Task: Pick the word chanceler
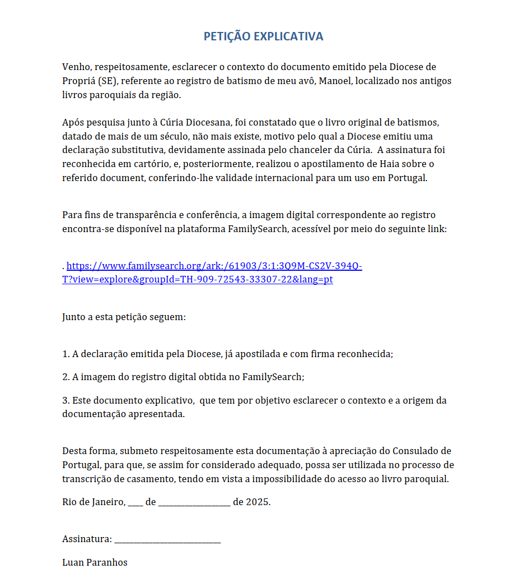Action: [311, 150]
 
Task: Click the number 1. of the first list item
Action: [66, 354]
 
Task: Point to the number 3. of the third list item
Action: [66, 401]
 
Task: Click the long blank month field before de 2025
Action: [194, 503]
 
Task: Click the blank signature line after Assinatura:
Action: [167, 540]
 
